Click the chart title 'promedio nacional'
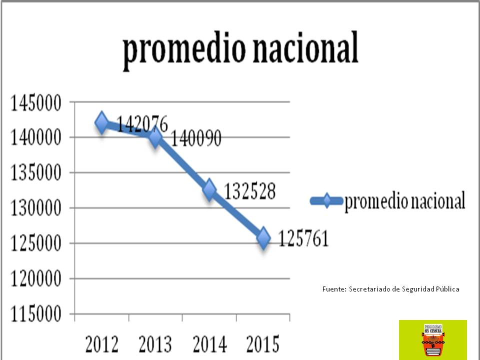240,50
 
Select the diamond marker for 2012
102,122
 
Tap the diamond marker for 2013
155,137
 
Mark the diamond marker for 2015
263,238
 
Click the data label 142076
142,123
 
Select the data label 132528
249,191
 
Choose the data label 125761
303,239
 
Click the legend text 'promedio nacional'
405,201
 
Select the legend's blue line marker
326,201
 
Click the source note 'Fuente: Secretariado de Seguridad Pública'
390,289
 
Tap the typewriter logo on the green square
433,339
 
